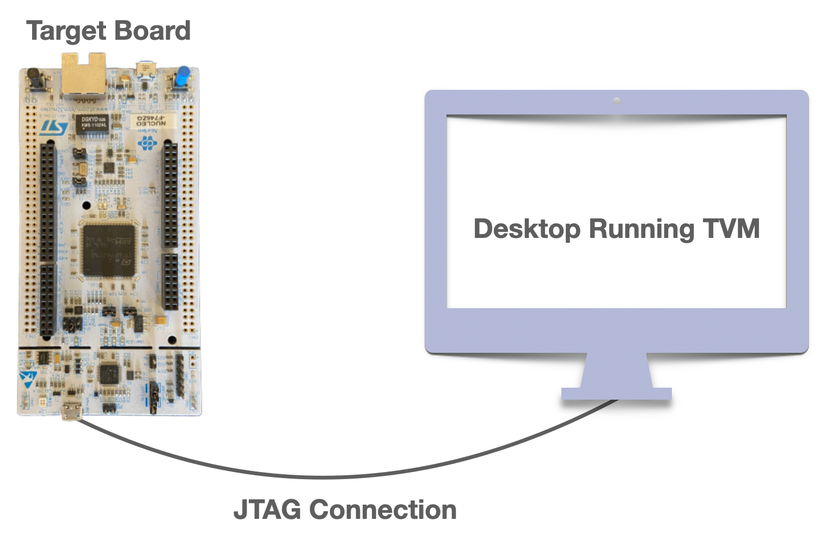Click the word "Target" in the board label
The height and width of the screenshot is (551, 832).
tap(66, 31)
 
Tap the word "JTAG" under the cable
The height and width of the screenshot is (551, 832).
tap(267, 510)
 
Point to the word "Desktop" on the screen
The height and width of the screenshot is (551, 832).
tap(527, 229)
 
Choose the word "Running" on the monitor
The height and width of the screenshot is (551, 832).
tap(641, 229)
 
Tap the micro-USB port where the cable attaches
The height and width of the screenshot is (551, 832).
tap(71, 412)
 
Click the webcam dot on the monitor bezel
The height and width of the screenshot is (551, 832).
tap(616, 101)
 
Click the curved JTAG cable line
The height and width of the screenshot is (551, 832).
tap(327, 477)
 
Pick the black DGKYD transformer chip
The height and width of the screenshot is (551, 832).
tap(94, 123)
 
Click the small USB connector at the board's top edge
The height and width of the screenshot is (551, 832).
tap(146, 69)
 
